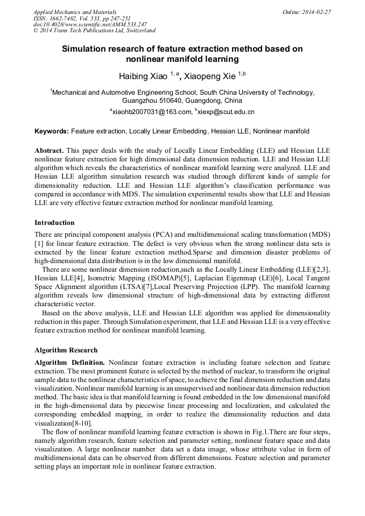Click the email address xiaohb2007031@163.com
point(151,112)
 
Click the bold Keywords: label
point(52,131)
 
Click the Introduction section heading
point(54,222)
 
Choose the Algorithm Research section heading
point(66,350)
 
